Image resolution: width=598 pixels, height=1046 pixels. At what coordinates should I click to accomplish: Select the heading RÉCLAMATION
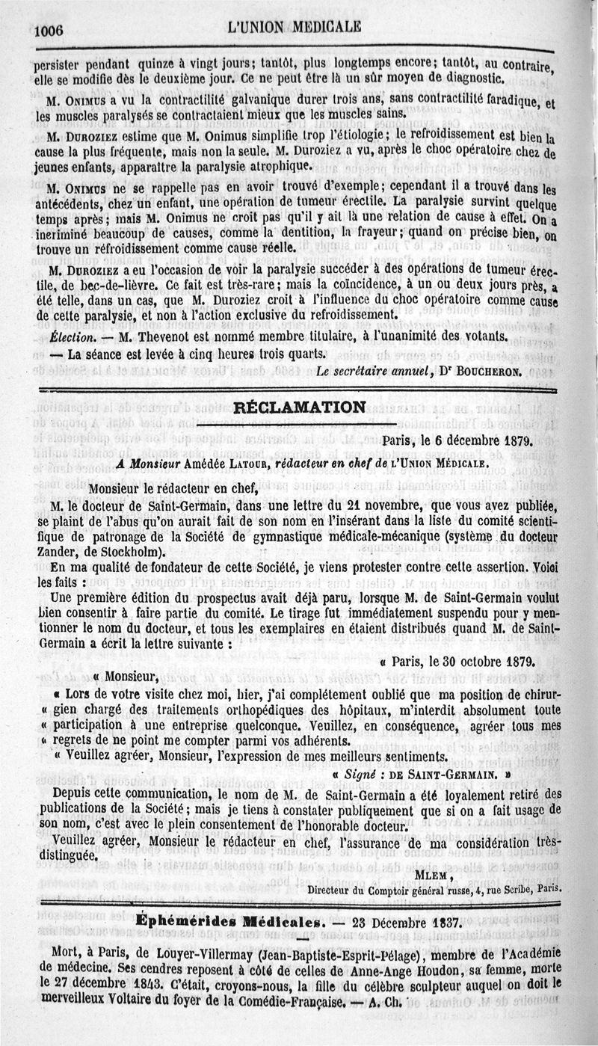[300, 407]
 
